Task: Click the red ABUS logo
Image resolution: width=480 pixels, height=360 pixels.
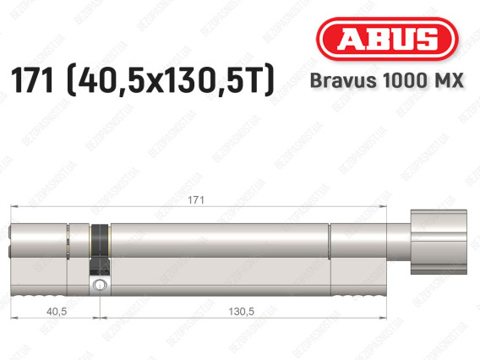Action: point(387,39)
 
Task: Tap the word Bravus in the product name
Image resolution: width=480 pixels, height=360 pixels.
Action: point(343,80)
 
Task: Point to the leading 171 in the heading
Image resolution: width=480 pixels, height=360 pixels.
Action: point(32,79)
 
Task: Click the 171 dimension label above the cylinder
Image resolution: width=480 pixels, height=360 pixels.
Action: point(196,200)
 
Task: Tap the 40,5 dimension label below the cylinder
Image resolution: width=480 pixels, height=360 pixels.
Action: point(57,312)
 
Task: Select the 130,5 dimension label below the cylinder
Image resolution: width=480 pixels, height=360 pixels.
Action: point(241,312)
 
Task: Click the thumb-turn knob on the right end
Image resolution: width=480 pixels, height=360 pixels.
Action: point(439,242)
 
